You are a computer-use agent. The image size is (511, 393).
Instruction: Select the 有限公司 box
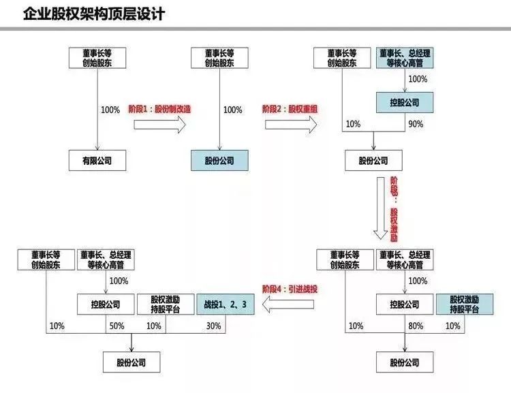tap(97, 161)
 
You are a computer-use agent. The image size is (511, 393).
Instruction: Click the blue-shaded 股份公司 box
tap(219, 161)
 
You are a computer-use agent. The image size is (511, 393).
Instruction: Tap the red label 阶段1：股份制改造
tap(159, 109)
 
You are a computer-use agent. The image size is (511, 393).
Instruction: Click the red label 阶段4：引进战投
tap(290, 289)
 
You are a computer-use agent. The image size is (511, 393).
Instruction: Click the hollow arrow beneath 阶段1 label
tap(160, 124)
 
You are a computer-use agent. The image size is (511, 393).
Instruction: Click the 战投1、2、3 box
tap(225, 304)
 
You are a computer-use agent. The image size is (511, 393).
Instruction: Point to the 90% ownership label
tap(416, 124)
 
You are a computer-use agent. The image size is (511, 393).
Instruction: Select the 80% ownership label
tap(416, 326)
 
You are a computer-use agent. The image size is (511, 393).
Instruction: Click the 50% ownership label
tap(117, 326)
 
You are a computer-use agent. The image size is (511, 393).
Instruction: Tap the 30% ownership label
tap(213, 326)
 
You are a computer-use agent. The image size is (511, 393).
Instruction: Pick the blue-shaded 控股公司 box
tap(405, 103)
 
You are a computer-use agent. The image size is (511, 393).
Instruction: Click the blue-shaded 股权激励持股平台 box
tap(464, 304)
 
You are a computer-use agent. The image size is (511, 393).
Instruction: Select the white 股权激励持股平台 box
tap(164, 304)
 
